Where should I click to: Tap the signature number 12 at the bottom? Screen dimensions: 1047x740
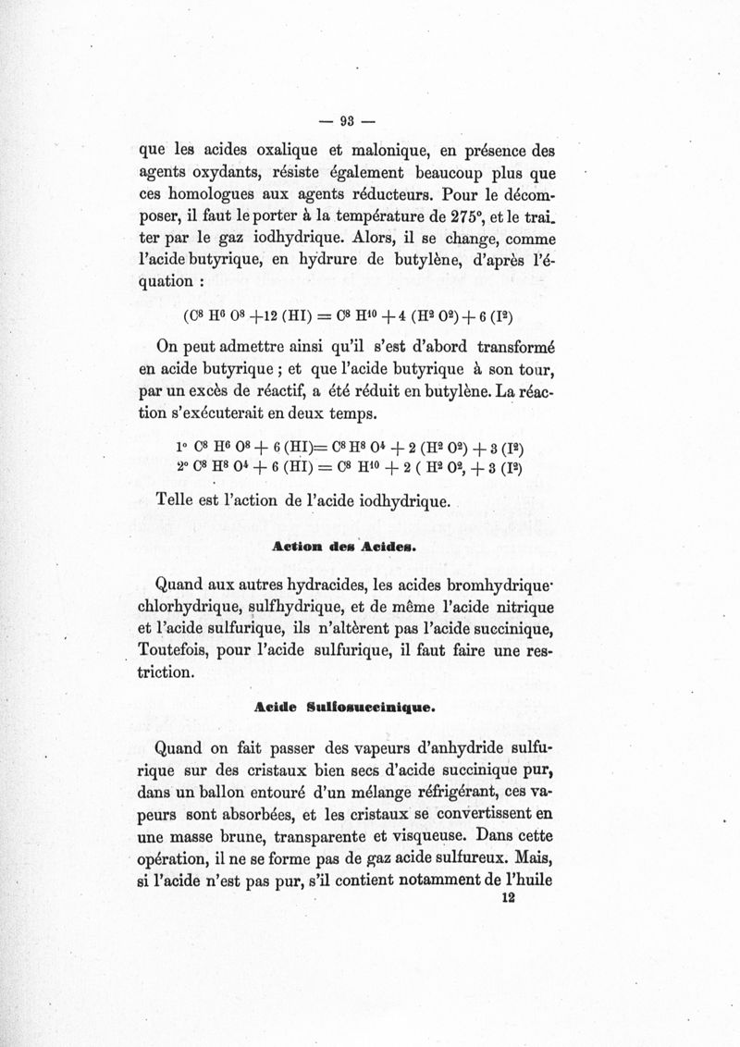[506, 897]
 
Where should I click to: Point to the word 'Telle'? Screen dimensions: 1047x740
[181, 502]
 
